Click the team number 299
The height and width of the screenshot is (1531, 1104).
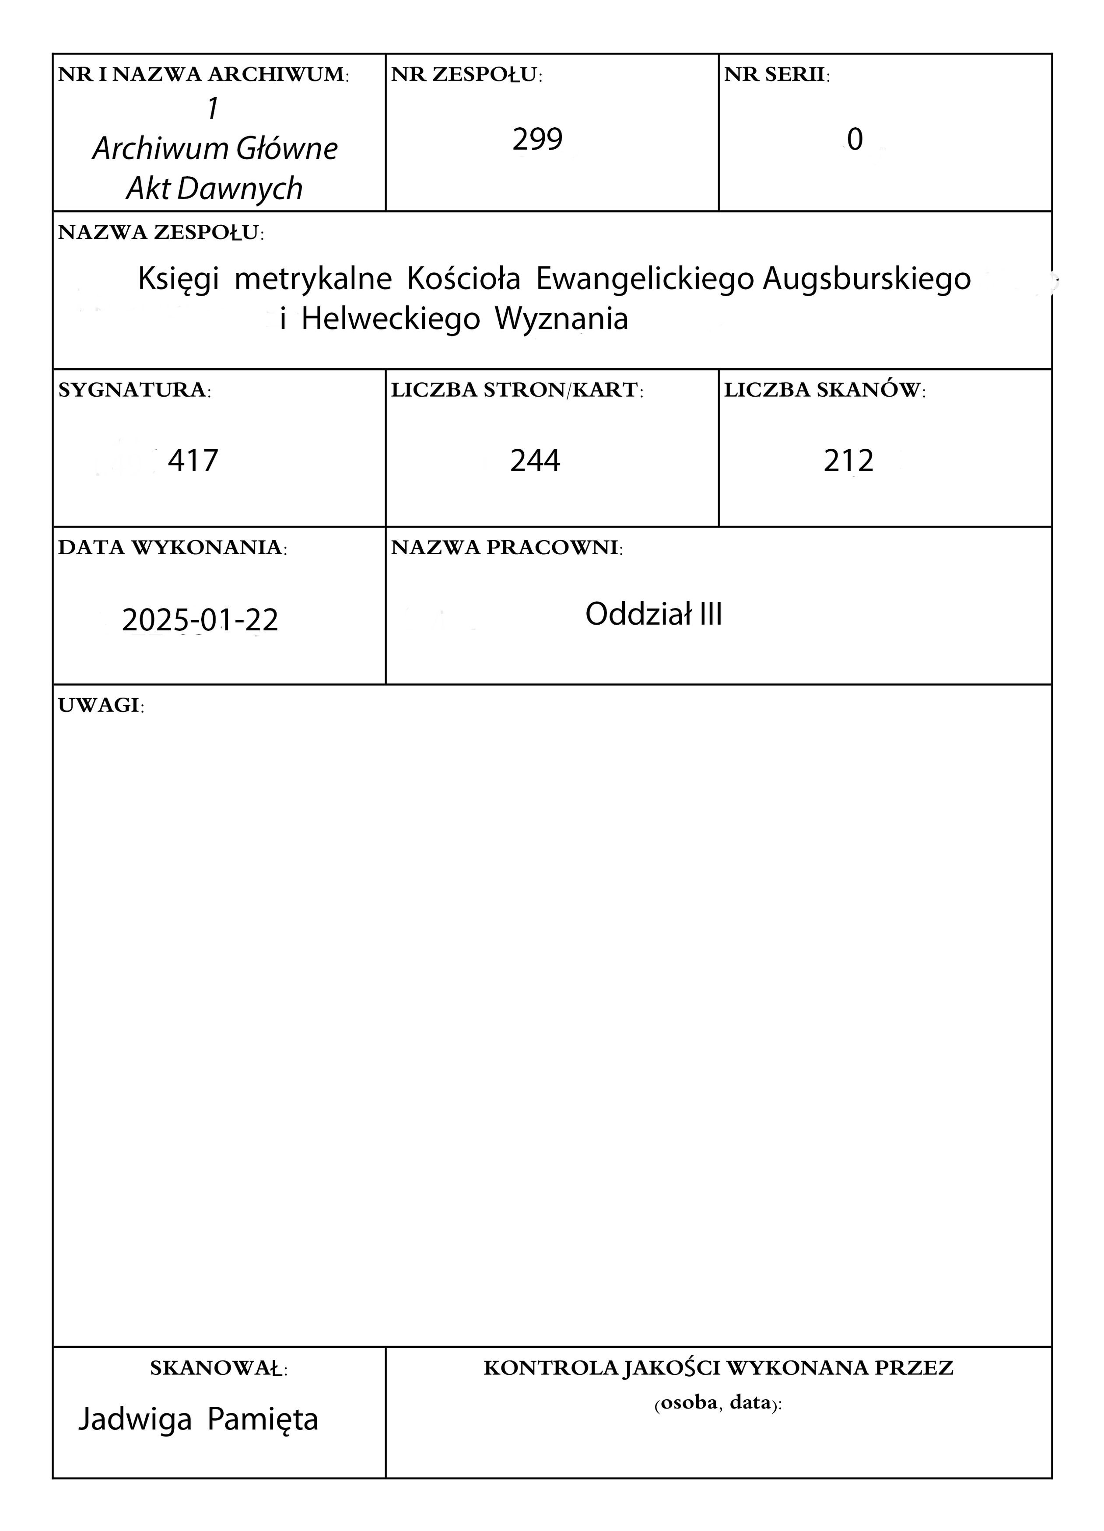pyautogui.click(x=537, y=140)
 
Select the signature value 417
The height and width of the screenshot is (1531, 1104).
pyautogui.click(x=193, y=461)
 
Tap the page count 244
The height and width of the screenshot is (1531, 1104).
pyautogui.click(x=535, y=461)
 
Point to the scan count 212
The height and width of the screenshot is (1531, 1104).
pyautogui.click(x=848, y=461)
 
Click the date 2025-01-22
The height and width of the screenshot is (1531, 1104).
pyautogui.click(x=200, y=620)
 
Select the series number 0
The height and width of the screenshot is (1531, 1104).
pyautogui.click(x=855, y=140)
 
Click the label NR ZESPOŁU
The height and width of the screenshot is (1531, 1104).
pyautogui.click(x=466, y=75)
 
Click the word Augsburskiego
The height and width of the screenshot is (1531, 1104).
pyautogui.click(x=867, y=279)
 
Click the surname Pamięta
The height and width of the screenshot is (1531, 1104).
pyautogui.click(x=263, y=1419)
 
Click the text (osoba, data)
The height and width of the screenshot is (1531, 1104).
pyautogui.click(x=718, y=1403)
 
